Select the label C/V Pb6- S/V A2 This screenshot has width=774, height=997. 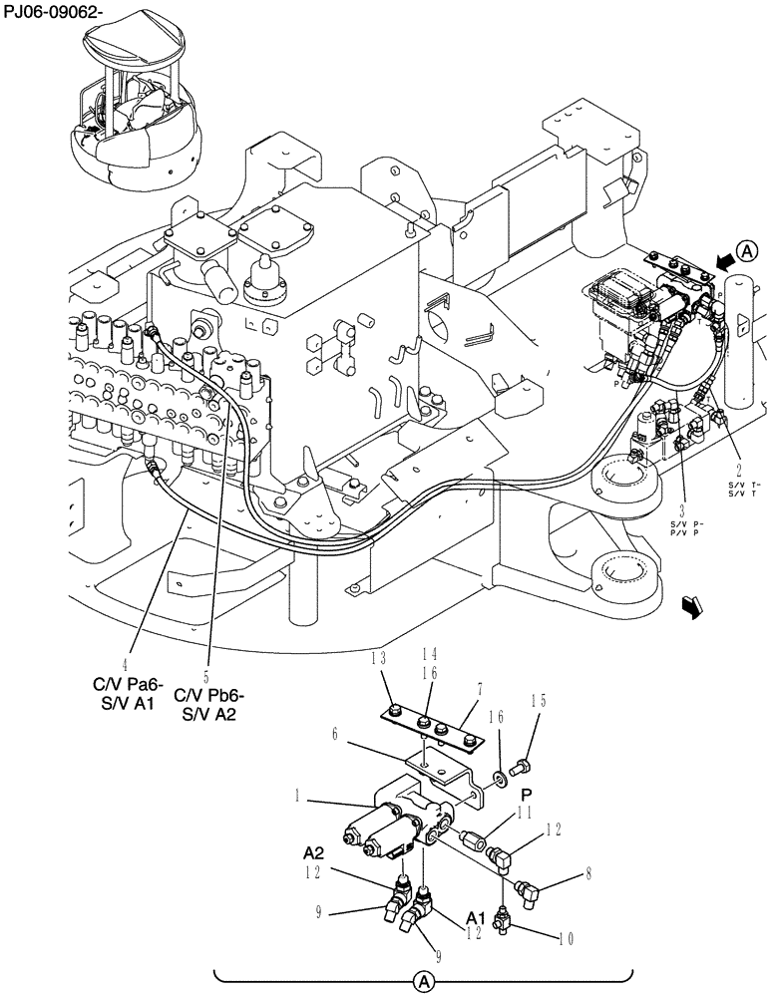pyautogui.click(x=209, y=704)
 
